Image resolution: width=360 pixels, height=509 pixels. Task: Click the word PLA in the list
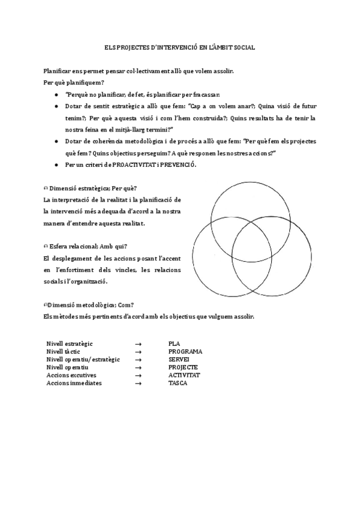coord(174,344)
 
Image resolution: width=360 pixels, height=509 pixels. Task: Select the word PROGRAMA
coord(185,352)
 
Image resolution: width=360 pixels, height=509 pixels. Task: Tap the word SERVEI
coord(179,360)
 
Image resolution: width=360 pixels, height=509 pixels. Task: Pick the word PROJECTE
coord(183,367)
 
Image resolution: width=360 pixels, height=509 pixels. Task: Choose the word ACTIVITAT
coord(184,375)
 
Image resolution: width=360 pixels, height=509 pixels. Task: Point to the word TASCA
coord(178,383)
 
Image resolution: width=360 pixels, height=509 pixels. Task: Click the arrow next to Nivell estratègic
coord(138,344)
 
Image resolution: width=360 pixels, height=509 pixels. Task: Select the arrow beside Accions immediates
coord(138,383)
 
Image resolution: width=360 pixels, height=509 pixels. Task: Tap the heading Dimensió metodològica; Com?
coord(87,305)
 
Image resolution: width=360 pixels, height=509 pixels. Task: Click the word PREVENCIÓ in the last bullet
coord(178,165)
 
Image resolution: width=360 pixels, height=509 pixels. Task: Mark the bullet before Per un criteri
coord(56,165)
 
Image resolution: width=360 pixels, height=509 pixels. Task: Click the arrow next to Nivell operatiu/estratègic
coord(138,360)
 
